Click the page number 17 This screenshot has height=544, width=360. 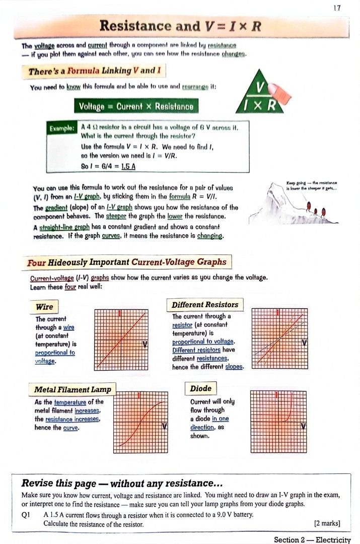pos(337,8)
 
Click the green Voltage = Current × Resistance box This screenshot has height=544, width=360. pos(135,107)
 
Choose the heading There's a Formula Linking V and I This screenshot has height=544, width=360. pos(94,71)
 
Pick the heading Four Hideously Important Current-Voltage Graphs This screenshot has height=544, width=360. pos(127,262)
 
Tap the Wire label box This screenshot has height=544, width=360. pos(44,307)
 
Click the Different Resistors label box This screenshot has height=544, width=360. pos(204,305)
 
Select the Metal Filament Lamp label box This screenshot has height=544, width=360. pos(73,389)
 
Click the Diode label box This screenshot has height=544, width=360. pos(201,388)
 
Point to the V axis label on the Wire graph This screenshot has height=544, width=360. pos(145,345)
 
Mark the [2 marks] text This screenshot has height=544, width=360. pos(327,523)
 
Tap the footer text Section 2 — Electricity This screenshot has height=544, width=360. pos(312,539)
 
